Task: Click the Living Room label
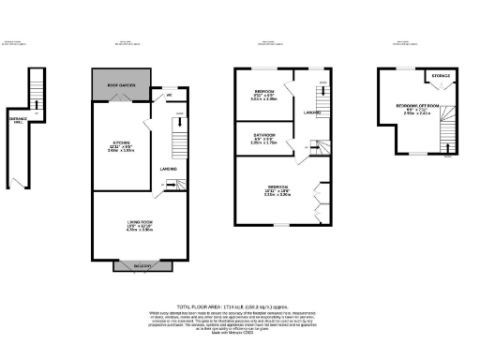pos(139,221)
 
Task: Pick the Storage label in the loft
pos(441,76)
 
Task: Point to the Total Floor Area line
pos(239,307)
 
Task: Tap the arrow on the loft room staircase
pos(447,142)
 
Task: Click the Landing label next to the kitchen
pos(170,168)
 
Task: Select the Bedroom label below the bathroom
pos(275,189)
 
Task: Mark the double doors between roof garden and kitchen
pos(141,104)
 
